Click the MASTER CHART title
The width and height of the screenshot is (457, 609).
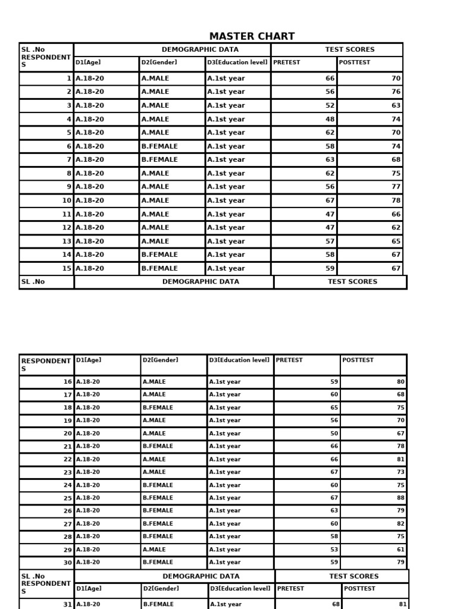tap(252, 36)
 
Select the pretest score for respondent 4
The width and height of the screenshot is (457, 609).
tap(330, 119)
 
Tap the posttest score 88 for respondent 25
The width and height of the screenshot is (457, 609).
tap(400, 498)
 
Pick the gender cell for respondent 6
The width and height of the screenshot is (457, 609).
tap(159, 146)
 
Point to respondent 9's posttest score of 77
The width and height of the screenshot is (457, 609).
tap(396, 187)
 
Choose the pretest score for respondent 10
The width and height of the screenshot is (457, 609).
tap(330, 200)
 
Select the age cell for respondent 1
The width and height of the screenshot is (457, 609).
tap(90, 79)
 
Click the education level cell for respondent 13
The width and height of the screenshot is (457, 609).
tap(226, 241)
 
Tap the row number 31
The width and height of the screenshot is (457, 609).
tap(67, 604)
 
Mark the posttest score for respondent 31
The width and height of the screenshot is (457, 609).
tap(403, 604)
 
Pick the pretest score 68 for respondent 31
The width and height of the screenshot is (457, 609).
tap(336, 604)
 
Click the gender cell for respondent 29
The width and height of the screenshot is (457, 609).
tap(154, 550)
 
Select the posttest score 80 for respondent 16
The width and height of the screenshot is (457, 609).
tap(400, 381)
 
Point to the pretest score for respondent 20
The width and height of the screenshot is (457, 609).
tap(334, 434)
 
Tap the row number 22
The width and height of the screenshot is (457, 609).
tap(67, 459)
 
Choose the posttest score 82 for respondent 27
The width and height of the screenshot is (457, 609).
tap(400, 524)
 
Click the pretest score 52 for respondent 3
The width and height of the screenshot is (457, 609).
tap(330, 105)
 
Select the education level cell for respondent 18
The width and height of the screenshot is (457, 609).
tap(225, 407)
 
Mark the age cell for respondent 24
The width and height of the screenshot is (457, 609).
tap(88, 485)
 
